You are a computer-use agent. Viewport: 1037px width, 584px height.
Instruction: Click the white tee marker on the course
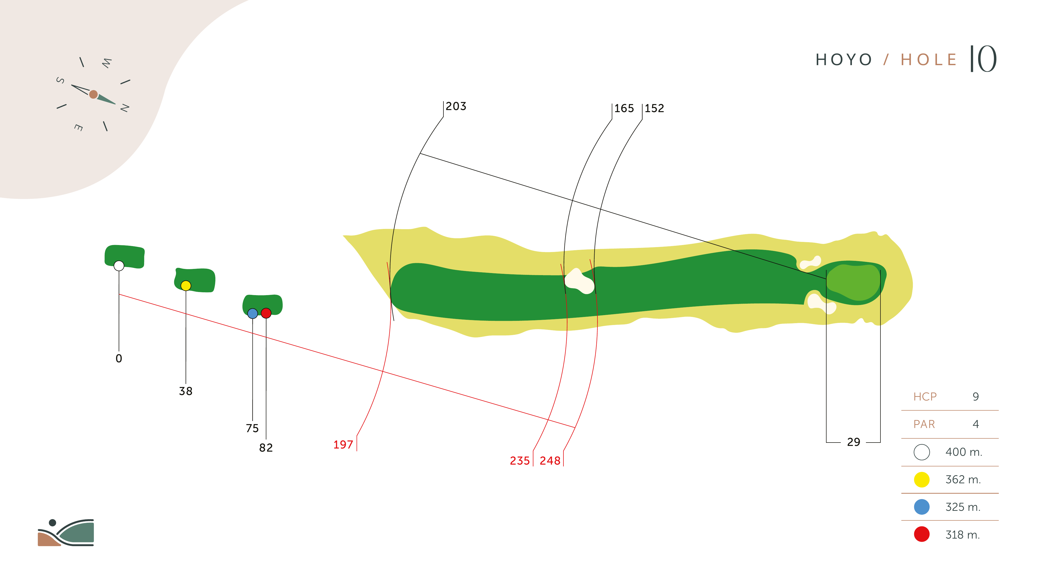(119, 266)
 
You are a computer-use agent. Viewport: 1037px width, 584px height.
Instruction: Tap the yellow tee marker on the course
(186, 286)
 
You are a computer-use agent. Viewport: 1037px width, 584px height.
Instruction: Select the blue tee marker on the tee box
(252, 314)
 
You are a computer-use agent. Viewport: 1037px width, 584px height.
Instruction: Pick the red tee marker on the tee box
(266, 313)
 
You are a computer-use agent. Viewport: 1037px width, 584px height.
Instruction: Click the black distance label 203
(456, 106)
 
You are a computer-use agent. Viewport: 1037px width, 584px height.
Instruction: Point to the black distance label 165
(624, 108)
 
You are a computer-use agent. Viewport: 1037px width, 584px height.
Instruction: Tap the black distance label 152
(654, 108)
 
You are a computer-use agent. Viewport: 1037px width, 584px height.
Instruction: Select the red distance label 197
(343, 445)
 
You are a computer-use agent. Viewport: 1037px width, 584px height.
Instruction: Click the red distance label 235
(520, 461)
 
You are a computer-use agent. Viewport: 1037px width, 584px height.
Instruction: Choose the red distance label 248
(550, 461)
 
